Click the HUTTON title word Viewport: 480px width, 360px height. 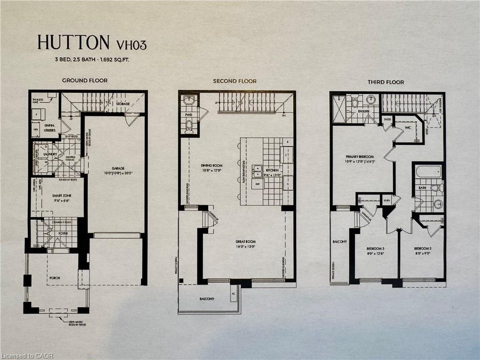(x=74, y=43)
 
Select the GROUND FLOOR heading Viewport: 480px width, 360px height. (x=85, y=81)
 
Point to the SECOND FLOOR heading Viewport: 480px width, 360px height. (x=234, y=81)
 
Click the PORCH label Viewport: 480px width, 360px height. (x=54, y=277)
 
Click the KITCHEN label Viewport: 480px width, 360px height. (x=272, y=170)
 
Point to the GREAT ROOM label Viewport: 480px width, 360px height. (x=246, y=242)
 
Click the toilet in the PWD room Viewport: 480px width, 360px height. (x=189, y=125)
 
